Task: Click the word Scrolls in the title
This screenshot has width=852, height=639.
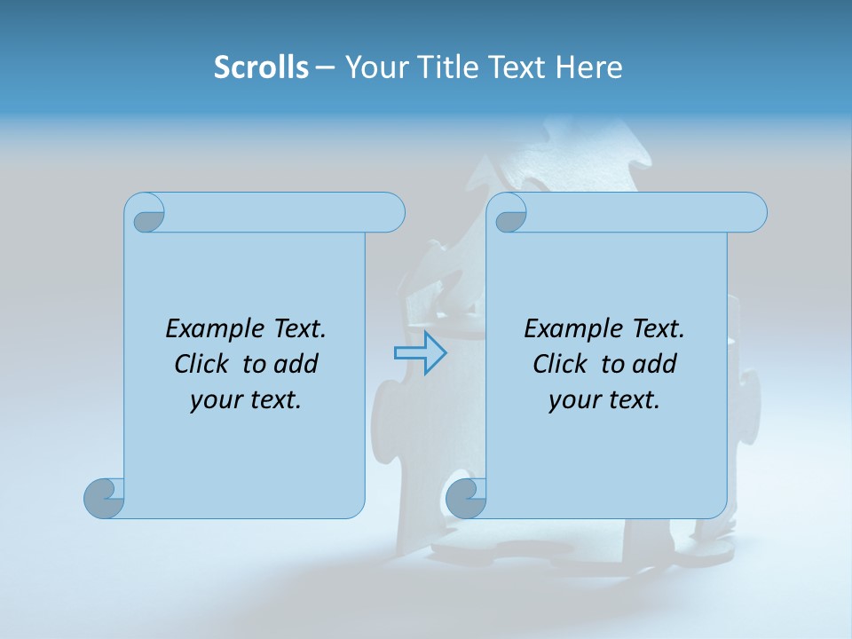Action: (261, 67)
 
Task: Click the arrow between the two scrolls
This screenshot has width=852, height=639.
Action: (420, 353)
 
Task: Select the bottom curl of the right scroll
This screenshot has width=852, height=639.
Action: (466, 498)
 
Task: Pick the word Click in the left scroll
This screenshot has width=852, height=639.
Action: (203, 364)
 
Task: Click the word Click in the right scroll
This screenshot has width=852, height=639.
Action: (560, 364)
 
